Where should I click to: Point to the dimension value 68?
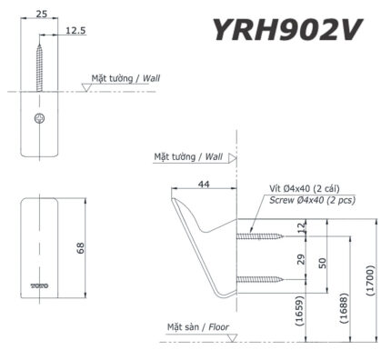[79, 247]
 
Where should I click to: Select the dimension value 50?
[322, 261]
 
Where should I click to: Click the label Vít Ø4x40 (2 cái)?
[303, 188]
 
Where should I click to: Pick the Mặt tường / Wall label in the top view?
[125, 79]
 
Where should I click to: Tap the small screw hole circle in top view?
[38, 119]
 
